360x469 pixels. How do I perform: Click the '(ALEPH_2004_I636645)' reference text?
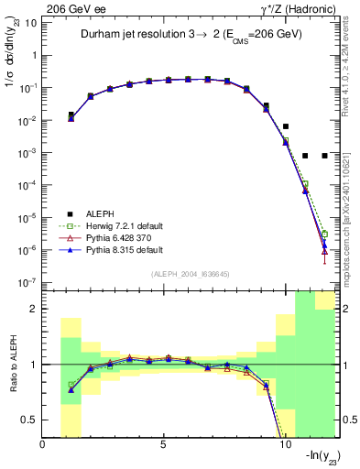191,274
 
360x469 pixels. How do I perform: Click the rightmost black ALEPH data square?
324,156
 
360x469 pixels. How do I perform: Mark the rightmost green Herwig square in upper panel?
324,234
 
